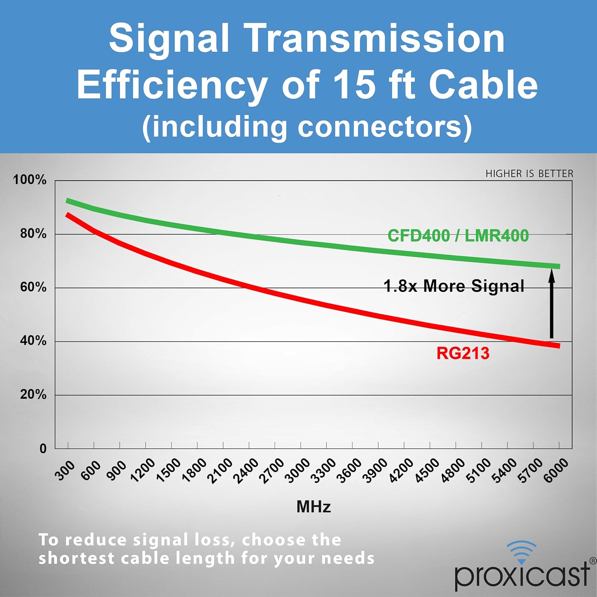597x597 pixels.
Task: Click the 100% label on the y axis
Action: click(x=30, y=179)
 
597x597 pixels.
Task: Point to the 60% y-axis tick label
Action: click(x=33, y=287)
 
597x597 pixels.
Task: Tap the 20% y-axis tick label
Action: click(x=33, y=394)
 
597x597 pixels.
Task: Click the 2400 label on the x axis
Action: click(x=246, y=471)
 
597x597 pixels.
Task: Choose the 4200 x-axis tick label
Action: click(x=401, y=471)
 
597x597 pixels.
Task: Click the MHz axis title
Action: click(x=314, y=507)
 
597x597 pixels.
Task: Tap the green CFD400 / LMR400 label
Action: click(x=458, y=236)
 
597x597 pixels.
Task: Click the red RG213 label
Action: click(x=463, y=353)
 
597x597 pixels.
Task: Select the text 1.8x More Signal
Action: click(x=454, y=286)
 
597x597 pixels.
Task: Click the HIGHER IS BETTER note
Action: click(x=529, y=174)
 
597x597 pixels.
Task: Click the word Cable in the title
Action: click(x=483, y=84)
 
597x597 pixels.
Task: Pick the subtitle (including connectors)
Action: click(x=307, y=127)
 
